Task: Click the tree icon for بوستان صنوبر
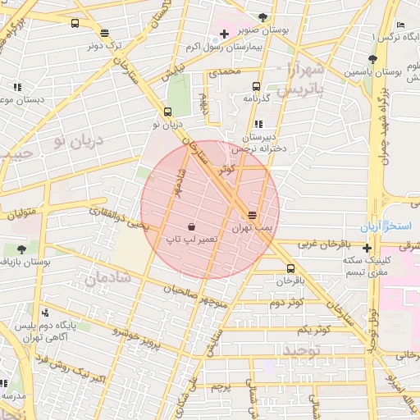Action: [262, 17]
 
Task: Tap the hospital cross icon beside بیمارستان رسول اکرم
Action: [224, 34]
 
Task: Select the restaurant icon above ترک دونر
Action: [104, 34]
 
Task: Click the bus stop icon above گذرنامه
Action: [257, 85]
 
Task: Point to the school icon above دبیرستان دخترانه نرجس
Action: [260, 124]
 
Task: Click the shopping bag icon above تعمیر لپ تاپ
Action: [191, 226]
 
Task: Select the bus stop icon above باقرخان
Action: [290, 268]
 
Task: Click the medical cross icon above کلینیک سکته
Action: [367, 248]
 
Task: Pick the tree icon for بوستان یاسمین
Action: [372, 59]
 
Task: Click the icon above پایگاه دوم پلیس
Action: [45, 313]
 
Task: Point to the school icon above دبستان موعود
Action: [16, 87]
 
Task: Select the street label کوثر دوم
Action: [285, 302]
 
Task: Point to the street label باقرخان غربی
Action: [322, 244]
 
